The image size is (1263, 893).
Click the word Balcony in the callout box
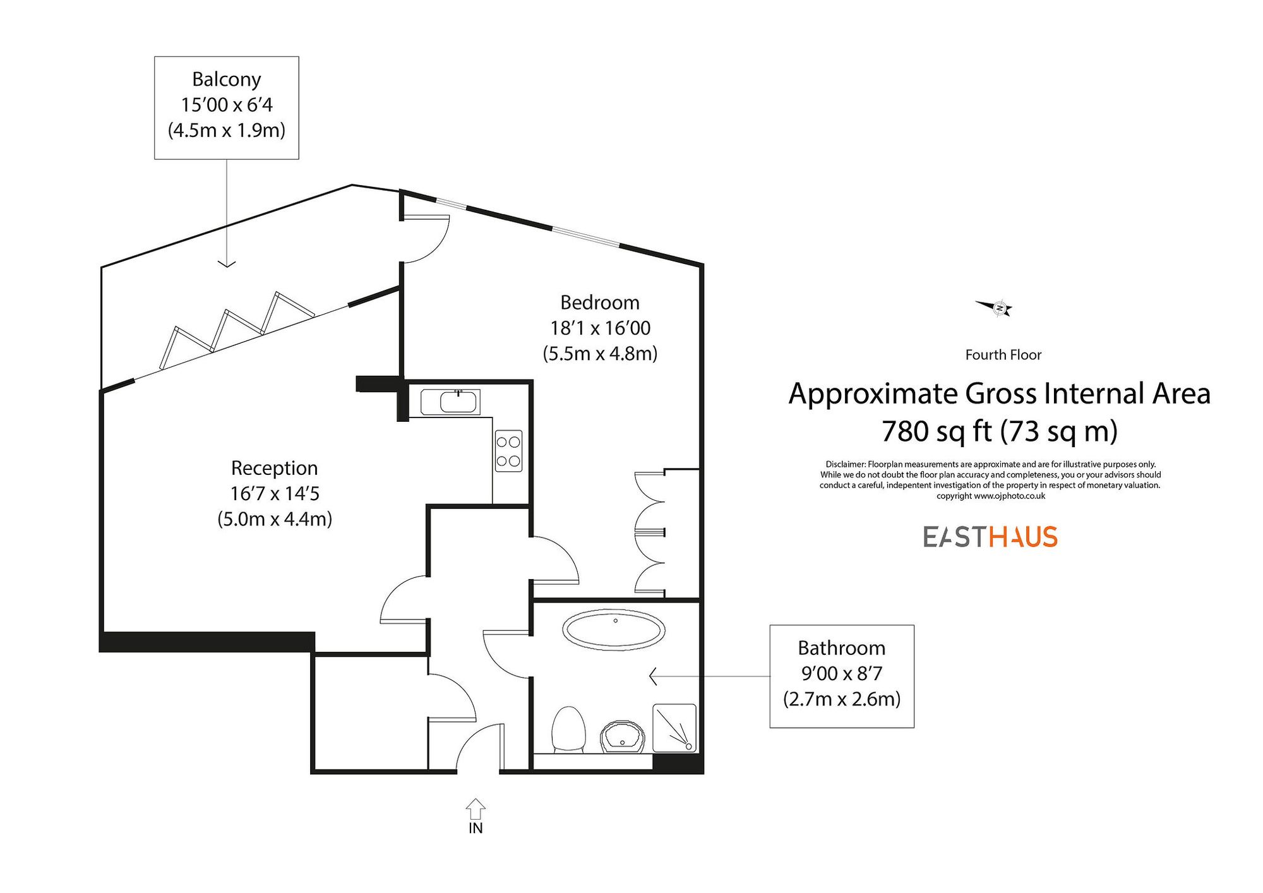226,80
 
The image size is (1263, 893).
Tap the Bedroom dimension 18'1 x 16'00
600,328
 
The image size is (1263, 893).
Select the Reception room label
274,468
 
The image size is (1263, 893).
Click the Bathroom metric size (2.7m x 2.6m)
841,699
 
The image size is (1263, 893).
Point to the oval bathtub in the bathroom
614,630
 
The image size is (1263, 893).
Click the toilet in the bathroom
568,729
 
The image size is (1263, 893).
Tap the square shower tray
674,728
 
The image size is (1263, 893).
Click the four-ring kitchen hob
508,451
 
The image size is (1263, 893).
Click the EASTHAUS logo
990,537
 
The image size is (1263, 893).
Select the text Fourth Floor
1003,355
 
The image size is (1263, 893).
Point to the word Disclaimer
846,464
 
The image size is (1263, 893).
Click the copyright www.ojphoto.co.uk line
990,496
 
